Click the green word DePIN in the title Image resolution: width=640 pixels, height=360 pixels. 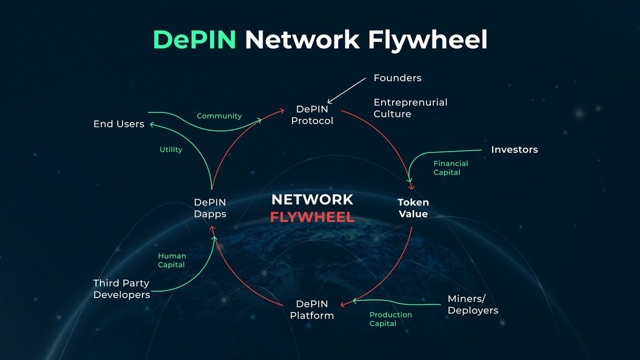tap(194, 40)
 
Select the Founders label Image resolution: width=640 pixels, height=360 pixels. tap(397, 78)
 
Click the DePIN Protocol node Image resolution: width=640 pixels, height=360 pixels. tap(312, 115)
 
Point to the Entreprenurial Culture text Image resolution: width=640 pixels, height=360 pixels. tap(410, 108)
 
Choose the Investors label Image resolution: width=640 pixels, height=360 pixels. tap(514, 149)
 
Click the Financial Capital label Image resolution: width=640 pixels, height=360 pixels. tap(450, 168)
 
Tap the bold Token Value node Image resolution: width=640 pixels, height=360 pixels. tap(413, 208)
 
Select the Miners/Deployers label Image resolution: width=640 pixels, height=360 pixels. tap(472, 304)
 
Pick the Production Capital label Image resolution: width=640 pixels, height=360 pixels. tap(390, 319)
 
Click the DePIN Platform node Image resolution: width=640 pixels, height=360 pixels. tap(312, 309)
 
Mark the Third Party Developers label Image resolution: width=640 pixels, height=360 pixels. tap(121, 289)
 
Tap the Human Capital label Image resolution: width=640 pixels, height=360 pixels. tap(171, 260)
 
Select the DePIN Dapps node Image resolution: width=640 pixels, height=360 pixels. tap(210, 208)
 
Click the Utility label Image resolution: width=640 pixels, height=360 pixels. tap(170, 149)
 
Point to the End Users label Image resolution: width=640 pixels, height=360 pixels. tap(118, 124)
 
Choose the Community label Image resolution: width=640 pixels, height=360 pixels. tap(219, 116)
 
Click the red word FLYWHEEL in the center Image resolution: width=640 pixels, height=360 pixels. tap(312, 217)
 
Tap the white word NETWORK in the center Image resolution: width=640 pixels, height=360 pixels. tap(312, 200)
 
